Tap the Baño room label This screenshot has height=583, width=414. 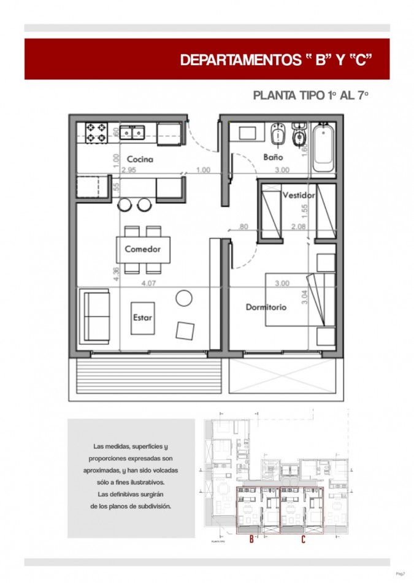(272, 156)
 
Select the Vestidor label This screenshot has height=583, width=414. (299, 195)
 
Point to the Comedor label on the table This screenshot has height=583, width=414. (143, 249)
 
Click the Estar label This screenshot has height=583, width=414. (142, 318)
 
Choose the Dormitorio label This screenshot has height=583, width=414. (266, 307)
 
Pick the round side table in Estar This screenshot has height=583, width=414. (184, 298)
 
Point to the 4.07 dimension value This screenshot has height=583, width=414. (149, 284)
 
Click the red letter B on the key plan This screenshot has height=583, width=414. (251, 540)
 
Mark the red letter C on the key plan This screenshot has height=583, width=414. (303, 540)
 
